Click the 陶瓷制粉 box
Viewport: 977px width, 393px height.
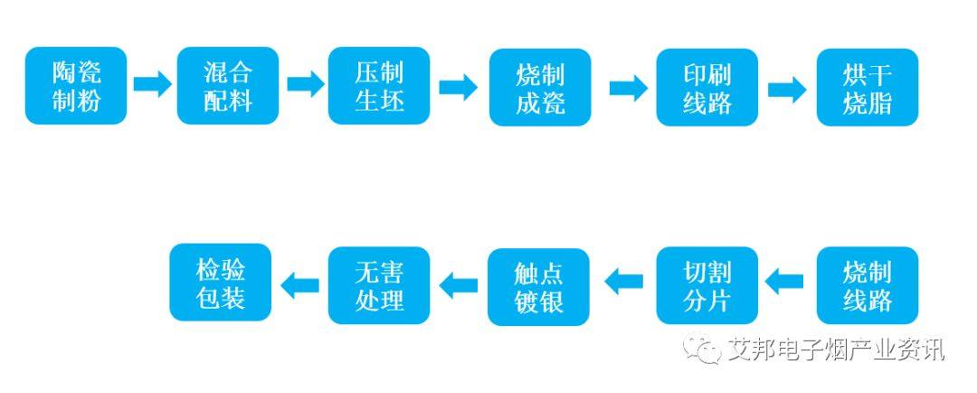tap(76, 86)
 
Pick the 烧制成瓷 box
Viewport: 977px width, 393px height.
tap(540, 87)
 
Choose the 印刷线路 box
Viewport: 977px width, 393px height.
tap(707, 87)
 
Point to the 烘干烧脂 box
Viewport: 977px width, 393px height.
tap(867, 87)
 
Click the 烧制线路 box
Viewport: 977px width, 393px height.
tap(867, 285)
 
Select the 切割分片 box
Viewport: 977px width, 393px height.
tap(707, 285)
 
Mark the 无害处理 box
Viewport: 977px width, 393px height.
tap(379, 284)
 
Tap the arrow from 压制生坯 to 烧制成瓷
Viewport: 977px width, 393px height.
tap(458, 87)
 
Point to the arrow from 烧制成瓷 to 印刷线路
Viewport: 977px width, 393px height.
tap(628, 88)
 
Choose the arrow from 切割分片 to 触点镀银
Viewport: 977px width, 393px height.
tap(624, 282)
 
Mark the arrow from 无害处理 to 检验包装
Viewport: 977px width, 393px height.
tap(300, 284)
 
